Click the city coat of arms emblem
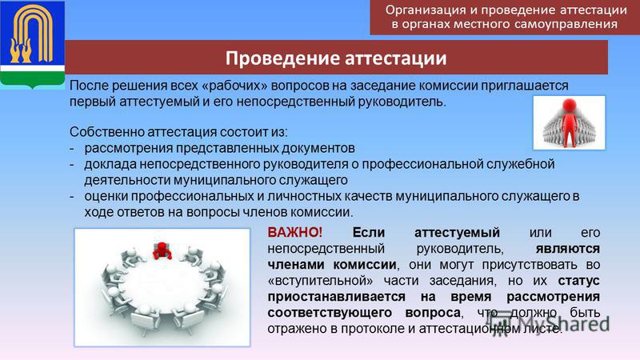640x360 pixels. (32, 44)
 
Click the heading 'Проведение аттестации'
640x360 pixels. (336, 58)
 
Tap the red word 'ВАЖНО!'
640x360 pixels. (294, 232)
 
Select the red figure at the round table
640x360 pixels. (162, 250)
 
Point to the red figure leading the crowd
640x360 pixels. (569, 122)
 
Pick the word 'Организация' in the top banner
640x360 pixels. (426, 10)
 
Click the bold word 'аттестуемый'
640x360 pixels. (457, 233)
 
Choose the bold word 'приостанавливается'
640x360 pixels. (336, 297)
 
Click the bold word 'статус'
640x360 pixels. (578, 281)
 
